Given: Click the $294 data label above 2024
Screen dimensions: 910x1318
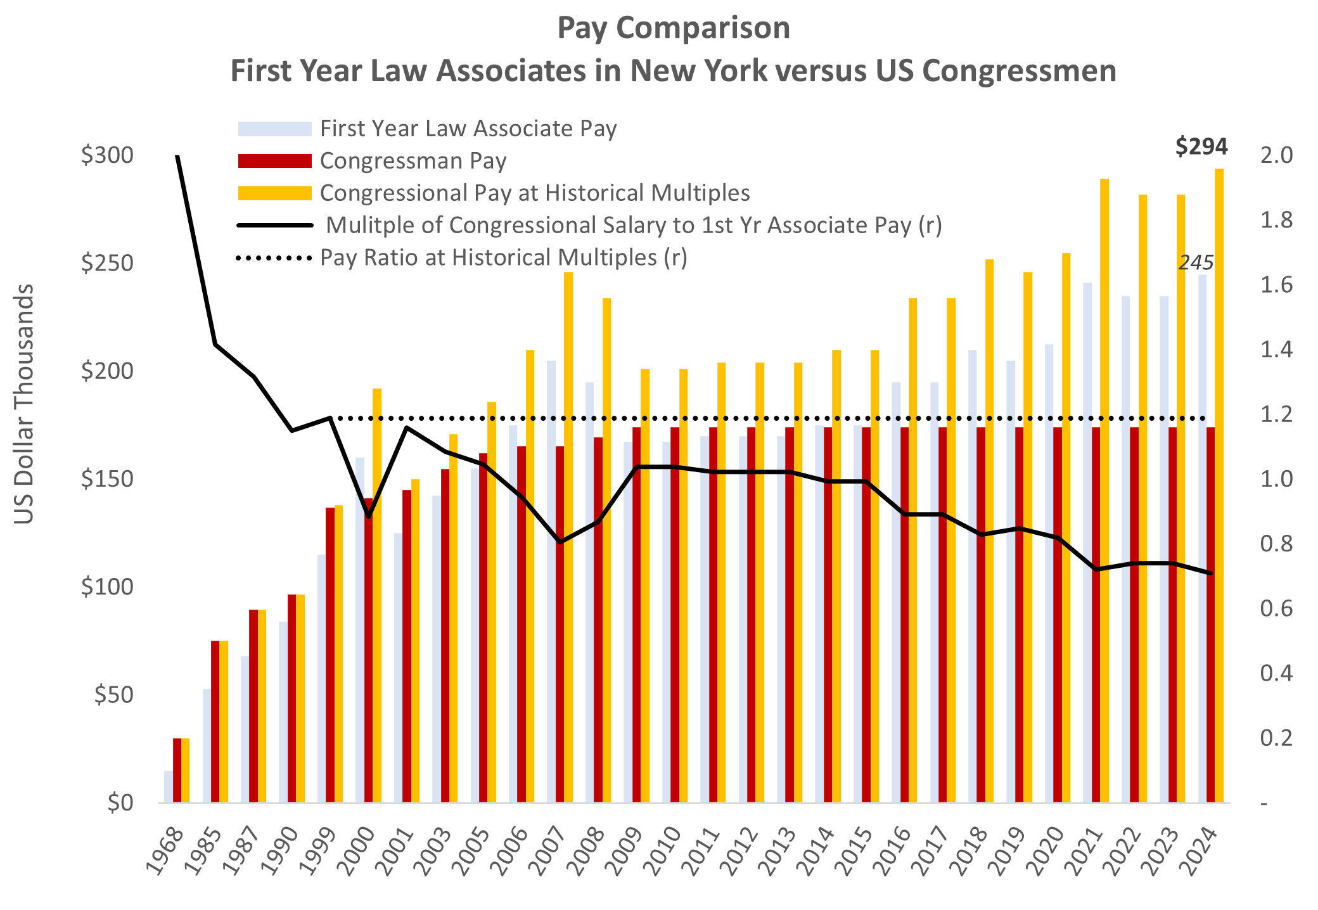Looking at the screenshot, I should click(x=1201, y=147).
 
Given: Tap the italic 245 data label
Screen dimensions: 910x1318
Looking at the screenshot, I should click(x=1195, y=262).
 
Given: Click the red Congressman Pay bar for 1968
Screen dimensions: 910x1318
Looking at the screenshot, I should click(x=177, y=770).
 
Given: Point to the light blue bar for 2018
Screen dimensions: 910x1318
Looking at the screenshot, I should click(x=972, y=570).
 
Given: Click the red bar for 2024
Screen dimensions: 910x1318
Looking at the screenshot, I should click(x=1210, y=615).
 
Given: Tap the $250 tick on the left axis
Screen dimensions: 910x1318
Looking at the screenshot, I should click(x=107, y=263).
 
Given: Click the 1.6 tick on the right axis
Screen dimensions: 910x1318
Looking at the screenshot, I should click(x=1276, y=285).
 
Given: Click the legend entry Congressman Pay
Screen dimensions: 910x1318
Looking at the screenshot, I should click(x=413, y=161).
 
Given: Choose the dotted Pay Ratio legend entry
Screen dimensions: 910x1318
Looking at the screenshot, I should click(x=503, y=258).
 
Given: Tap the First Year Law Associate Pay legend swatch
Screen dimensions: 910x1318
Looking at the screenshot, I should click(x=274, y=129).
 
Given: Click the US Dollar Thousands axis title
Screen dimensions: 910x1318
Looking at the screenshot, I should click(x=24, y=404).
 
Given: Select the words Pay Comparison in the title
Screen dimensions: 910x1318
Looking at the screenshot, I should click(x=673, y=28).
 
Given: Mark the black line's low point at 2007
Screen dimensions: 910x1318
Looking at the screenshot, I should click(x=560, y=542).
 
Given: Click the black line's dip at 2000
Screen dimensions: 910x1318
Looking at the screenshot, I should click(x=369, y=516).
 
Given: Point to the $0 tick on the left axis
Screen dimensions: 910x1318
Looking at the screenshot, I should click(x=120, y=803).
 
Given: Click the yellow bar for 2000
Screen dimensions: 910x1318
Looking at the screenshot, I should click(x=377, y=596).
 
